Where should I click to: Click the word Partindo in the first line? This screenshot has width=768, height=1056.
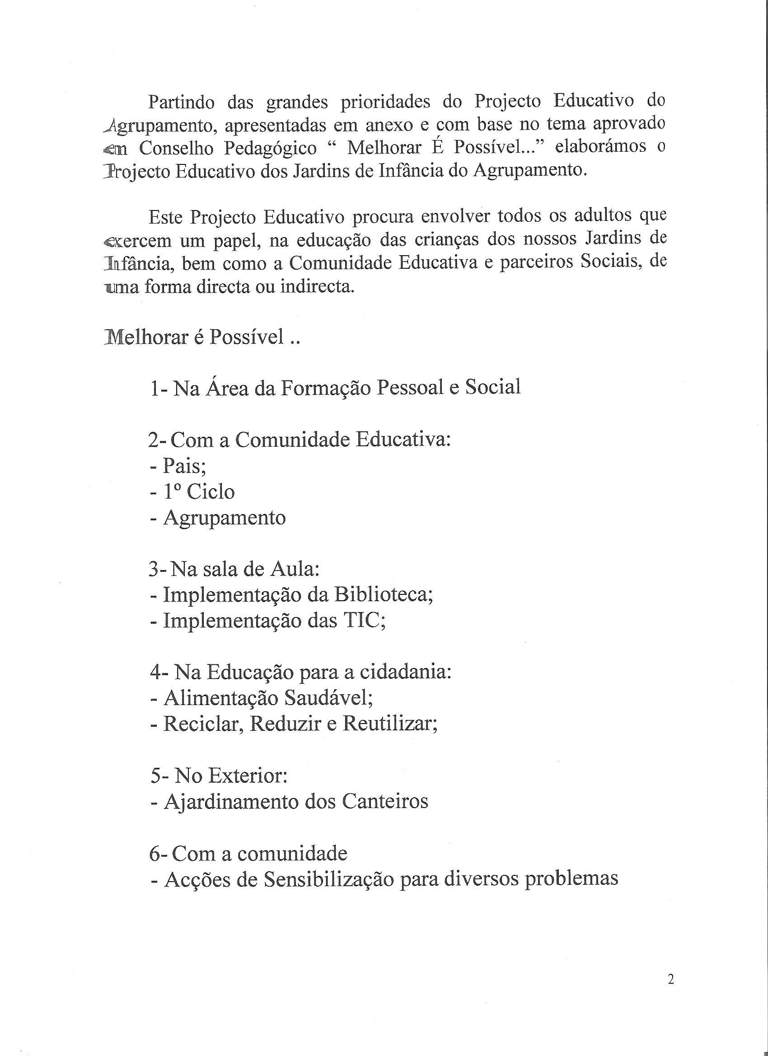click(181, 102)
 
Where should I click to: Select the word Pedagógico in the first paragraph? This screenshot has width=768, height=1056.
click(270, 148)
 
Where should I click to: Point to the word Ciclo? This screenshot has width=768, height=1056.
click(211, 492)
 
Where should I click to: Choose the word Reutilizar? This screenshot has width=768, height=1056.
click(390, 723)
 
